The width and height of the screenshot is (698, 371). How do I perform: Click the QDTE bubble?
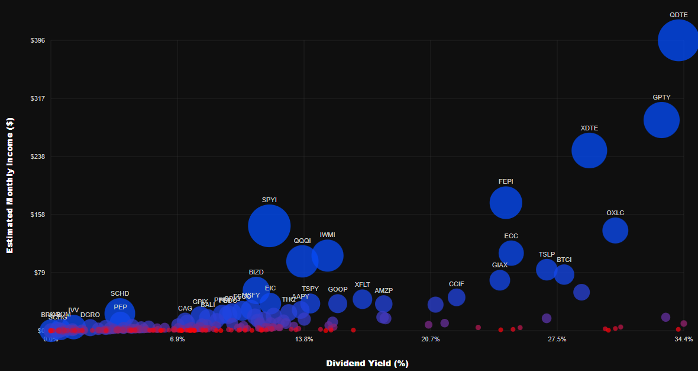click(678, 40)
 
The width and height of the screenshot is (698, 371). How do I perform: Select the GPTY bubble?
click(661, 120)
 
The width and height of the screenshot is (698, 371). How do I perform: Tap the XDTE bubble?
click(589, 151)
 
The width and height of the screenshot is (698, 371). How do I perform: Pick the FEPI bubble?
click(506, 203)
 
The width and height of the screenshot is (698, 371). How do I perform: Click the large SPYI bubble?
click(269, 226)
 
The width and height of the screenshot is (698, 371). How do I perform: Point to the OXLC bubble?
click(615, 230)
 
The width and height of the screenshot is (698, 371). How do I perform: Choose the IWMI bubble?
click(327, 256)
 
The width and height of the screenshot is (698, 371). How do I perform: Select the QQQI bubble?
click(302, 260)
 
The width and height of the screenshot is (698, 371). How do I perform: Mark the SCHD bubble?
click(119, 314)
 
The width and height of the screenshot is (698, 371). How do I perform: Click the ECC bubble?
click(511, 253)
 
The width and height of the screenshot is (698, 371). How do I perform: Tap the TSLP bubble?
click(547, 270)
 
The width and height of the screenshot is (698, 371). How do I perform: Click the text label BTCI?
click(564, 260)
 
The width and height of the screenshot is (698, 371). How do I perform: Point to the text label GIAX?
click(500, 265)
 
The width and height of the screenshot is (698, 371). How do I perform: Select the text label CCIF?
click(457, 284)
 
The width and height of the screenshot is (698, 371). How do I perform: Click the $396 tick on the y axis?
click(38, 40)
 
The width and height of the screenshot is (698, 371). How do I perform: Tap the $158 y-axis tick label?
click(38, 215)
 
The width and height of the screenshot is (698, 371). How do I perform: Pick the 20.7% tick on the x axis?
click(431, 339)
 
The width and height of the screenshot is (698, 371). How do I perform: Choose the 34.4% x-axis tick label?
click(683, 339)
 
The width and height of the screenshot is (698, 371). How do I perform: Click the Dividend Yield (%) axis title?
click(367, 363)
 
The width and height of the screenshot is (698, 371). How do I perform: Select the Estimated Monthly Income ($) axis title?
click(9, 185)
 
